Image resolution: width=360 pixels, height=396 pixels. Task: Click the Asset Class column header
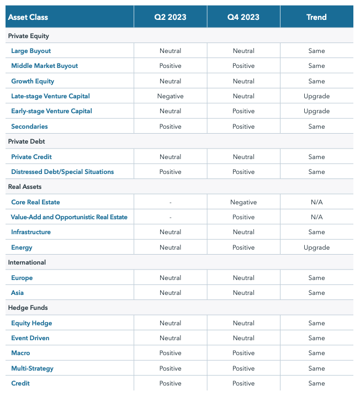click(28, 17)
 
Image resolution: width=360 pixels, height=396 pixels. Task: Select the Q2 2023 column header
click(170, 17)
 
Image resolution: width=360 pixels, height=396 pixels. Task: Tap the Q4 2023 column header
click(243, 17)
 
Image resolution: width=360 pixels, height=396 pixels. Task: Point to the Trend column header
click(316, 17)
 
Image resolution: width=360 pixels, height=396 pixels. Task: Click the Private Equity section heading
click(28, 36)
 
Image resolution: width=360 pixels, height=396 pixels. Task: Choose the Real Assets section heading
click(25, 187)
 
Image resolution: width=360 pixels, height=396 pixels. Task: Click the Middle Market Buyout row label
click(45, 66)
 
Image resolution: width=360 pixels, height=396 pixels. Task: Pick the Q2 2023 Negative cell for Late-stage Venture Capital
click(170, 96)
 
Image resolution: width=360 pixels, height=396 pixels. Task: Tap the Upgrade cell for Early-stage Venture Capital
click(316, 111)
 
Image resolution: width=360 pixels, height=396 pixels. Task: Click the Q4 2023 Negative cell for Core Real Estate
click(243, 202)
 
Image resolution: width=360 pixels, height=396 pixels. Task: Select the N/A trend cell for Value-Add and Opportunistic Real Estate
click(316, 217)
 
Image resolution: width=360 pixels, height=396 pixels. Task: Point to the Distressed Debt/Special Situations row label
click(62, 172)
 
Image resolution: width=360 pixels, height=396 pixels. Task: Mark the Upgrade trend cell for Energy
click(316, 247)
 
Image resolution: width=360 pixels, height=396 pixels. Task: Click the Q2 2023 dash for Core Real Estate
click(170, 202)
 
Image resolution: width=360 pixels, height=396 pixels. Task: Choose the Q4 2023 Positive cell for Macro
click(243, 353)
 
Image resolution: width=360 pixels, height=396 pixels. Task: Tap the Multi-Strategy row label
click(32, 368)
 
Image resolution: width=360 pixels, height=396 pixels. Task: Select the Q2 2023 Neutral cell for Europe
click(170, 278)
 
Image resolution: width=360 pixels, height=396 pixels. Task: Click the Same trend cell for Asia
click(316, 293)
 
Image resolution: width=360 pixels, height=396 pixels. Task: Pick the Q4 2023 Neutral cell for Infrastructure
click(243, 232)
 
